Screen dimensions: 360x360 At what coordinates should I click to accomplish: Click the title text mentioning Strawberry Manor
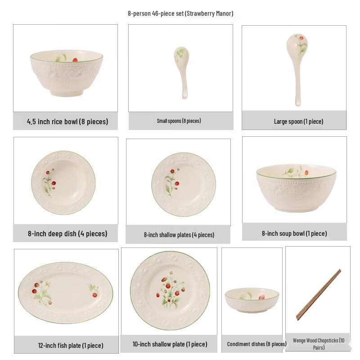(x=180, y=13)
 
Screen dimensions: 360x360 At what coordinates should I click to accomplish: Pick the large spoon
(x=297, y=67)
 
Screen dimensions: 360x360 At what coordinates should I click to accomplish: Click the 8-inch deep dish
(x=63, y=182)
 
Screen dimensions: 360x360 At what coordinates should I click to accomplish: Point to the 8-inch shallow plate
(x=184, y=184)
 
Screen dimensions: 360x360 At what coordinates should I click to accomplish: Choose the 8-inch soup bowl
(x=296, y=188)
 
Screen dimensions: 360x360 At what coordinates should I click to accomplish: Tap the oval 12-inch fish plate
(x=66, y=292)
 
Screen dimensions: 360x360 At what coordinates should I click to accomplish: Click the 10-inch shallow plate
(x=170, y=291)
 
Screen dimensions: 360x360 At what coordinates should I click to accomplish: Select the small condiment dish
(x=252, y=300)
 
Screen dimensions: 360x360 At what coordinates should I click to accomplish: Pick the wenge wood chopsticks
(x=319, y=294)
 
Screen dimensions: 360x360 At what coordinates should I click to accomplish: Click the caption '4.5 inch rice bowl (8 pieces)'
(x=67, y=121)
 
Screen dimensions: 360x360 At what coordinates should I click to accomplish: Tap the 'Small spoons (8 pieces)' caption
(x=179, y=121)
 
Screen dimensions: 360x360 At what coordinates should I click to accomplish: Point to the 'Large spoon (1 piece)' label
(x=298, y=121)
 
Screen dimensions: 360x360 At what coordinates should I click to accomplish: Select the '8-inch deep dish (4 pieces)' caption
(x=67, y=234)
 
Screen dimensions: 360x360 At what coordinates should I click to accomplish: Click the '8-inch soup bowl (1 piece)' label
(x=294, y=234)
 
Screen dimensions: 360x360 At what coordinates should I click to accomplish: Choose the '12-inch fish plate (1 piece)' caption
(x=71, y=346)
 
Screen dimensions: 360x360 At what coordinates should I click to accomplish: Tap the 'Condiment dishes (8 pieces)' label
(x=256, y=344)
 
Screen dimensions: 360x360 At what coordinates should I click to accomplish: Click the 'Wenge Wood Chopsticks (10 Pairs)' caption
(x=319, y=344)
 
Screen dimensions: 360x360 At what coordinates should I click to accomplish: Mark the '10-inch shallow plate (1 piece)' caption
(x=170, y=344)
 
